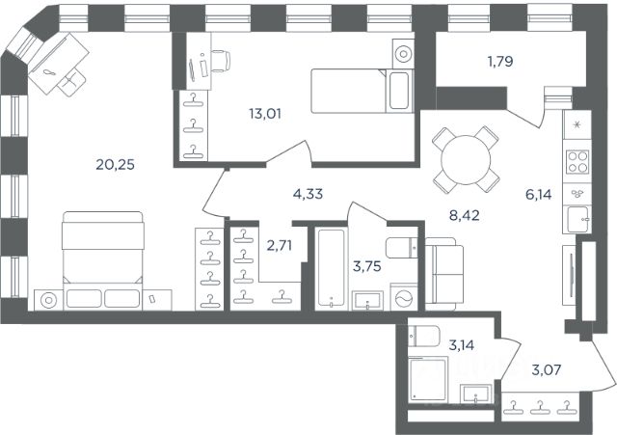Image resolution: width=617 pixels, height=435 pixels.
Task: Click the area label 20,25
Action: click(x=116, y=164)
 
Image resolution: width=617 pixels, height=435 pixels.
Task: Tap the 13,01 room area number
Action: click(x=265, y=114)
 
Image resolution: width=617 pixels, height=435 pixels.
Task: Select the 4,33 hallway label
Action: click(x=308, y=194)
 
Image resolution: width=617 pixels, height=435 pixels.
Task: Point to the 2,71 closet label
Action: click(x=280, y=246)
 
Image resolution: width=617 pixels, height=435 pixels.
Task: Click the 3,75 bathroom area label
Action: click(x=367, y=266)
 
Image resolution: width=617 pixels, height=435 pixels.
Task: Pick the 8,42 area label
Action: click(x=465, y=215)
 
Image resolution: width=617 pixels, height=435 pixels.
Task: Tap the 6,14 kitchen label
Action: click(x=539, y=194)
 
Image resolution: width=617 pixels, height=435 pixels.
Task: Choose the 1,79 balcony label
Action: click(x=500, y=62)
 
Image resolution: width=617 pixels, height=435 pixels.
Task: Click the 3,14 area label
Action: click(x=462, y=345)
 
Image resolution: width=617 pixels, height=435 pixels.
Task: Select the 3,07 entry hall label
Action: click(x=547, y=369)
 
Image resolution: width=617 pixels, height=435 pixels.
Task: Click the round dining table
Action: click(x=466, y=160)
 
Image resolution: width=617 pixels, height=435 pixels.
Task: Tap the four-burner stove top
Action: click(x=577, y=162)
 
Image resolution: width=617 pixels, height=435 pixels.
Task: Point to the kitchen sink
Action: click(x=577, y=219)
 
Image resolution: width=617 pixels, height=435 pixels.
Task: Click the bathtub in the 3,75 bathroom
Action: click(x=331, y=268)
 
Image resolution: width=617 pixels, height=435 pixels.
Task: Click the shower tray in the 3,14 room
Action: click(x=428, y=379)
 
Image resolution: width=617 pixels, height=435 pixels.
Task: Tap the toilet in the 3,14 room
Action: click(x=423, y=336)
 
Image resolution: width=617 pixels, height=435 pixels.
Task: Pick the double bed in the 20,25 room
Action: click(x=103, y=260)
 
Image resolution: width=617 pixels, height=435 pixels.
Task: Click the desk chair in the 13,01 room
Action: click(x=221, y=61)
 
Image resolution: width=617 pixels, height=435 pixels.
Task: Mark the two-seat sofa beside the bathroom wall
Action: click(x=444, y=274)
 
